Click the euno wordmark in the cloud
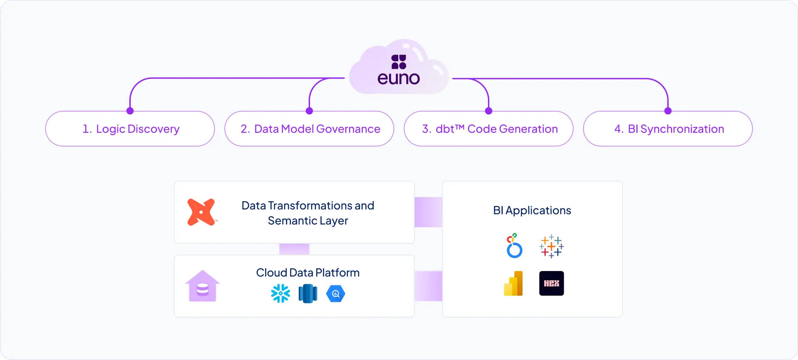(399, 78)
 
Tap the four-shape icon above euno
(399, 62)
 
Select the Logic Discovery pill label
(131, 129)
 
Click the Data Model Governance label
(310, 129)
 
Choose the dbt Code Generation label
(490, 129)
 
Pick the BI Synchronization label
(669, 129)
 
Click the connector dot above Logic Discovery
(130, 111)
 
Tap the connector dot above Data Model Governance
(309, 111)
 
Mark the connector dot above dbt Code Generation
(489, 111)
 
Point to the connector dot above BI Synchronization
(668, 111)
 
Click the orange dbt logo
(202, 212)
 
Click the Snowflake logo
(281, 293)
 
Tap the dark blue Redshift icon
(308, 293)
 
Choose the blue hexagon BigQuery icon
(336, 293)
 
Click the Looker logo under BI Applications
(514, 246)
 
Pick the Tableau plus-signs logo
(552, 246)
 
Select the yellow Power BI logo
(514, 284)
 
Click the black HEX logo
(552, 284)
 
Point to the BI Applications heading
(532, 210)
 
